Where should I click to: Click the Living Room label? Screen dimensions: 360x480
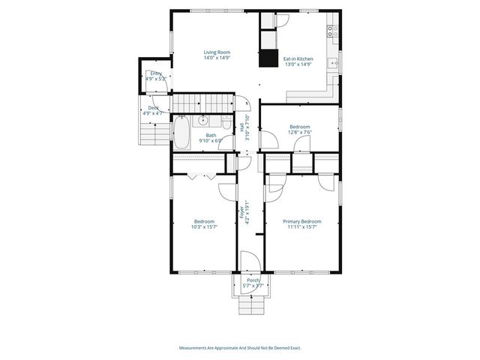(217, 52)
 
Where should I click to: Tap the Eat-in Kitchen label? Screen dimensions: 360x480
(298, 58)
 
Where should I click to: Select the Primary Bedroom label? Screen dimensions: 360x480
(301, 221)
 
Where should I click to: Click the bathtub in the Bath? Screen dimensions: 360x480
(182, 135)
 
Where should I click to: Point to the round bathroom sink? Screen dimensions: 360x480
(203, 120)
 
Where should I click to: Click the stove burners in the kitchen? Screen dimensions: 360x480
(332, 31)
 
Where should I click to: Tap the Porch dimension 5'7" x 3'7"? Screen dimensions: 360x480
(253, 286)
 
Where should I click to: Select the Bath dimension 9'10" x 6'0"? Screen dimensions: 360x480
(211, 140)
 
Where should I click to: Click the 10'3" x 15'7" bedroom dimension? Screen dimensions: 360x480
(204, 227)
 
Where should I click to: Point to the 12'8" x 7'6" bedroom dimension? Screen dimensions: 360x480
(300, 133)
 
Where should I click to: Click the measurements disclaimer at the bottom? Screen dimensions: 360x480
(240, 347)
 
